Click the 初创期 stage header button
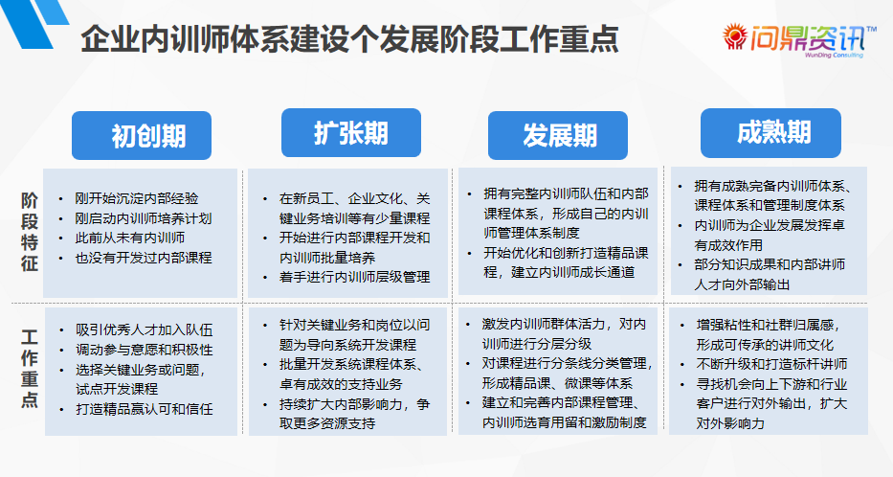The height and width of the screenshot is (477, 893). coord(143,136)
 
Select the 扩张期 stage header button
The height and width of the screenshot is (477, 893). coord(350,132)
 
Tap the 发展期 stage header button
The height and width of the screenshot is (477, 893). coord(558,135)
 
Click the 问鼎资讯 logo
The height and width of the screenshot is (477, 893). coord(800,40)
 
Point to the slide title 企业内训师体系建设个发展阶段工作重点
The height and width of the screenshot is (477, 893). coord(348,39)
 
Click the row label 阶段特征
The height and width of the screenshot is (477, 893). coord(30,231)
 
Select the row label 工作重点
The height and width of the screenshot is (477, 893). coord(30,368)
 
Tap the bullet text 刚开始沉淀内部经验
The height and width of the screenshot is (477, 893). coord(137,199)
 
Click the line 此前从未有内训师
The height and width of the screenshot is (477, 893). coord(130,238)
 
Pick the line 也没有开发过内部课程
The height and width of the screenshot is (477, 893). coord(144,257)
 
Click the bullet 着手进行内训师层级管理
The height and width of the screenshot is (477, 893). coord(354,277)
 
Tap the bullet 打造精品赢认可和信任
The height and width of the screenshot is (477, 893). coord(144,409)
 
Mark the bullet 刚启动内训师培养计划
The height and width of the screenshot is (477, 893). coord(144,218)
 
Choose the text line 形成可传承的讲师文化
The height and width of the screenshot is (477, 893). coord(765,344)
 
